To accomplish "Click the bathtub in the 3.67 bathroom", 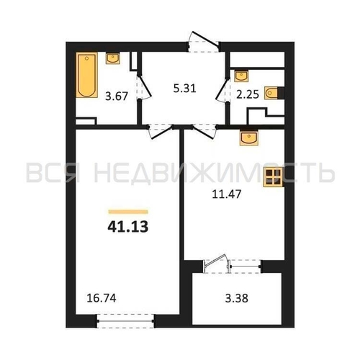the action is (x=87, y=75).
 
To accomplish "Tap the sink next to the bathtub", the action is (x=113, y=58).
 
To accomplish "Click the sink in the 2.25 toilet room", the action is (x=241, y=76).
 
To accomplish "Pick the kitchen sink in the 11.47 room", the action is (x=249, y=138).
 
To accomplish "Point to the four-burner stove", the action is (x=273, y=177).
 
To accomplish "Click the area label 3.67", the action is (x=117, y=96).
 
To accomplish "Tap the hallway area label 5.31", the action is (x=184, y=89).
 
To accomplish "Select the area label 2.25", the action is (x=248, y=94).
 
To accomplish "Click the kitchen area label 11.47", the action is (x=227, y=194).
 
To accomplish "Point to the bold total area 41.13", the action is (x=128, y=227).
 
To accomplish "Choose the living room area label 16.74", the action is (x=102, y=298).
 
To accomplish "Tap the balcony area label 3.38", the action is (x=237, y=299).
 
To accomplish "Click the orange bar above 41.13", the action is (x=128, y=212).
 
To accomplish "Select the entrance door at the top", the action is (x=204, y=42).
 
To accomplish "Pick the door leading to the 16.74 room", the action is (x=161, y=132).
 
